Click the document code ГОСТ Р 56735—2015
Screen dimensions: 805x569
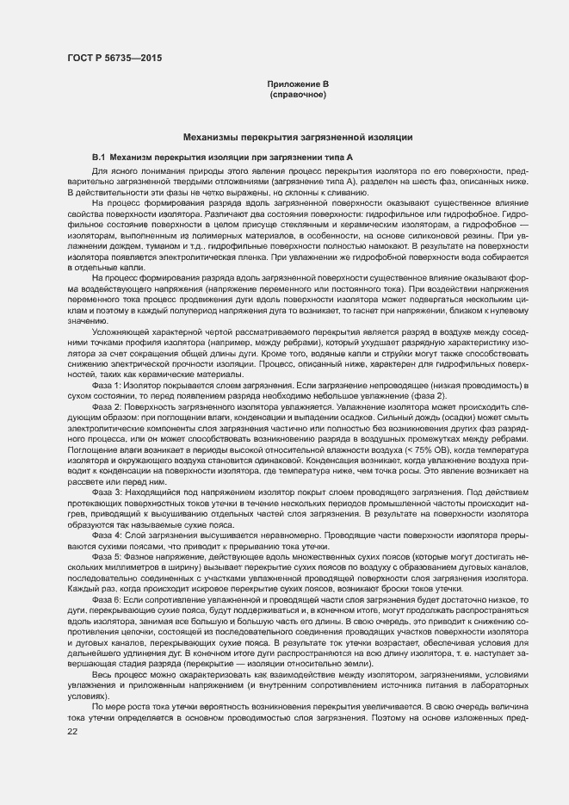point(114,58)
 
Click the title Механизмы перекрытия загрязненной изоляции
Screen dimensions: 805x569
point(298,138)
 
